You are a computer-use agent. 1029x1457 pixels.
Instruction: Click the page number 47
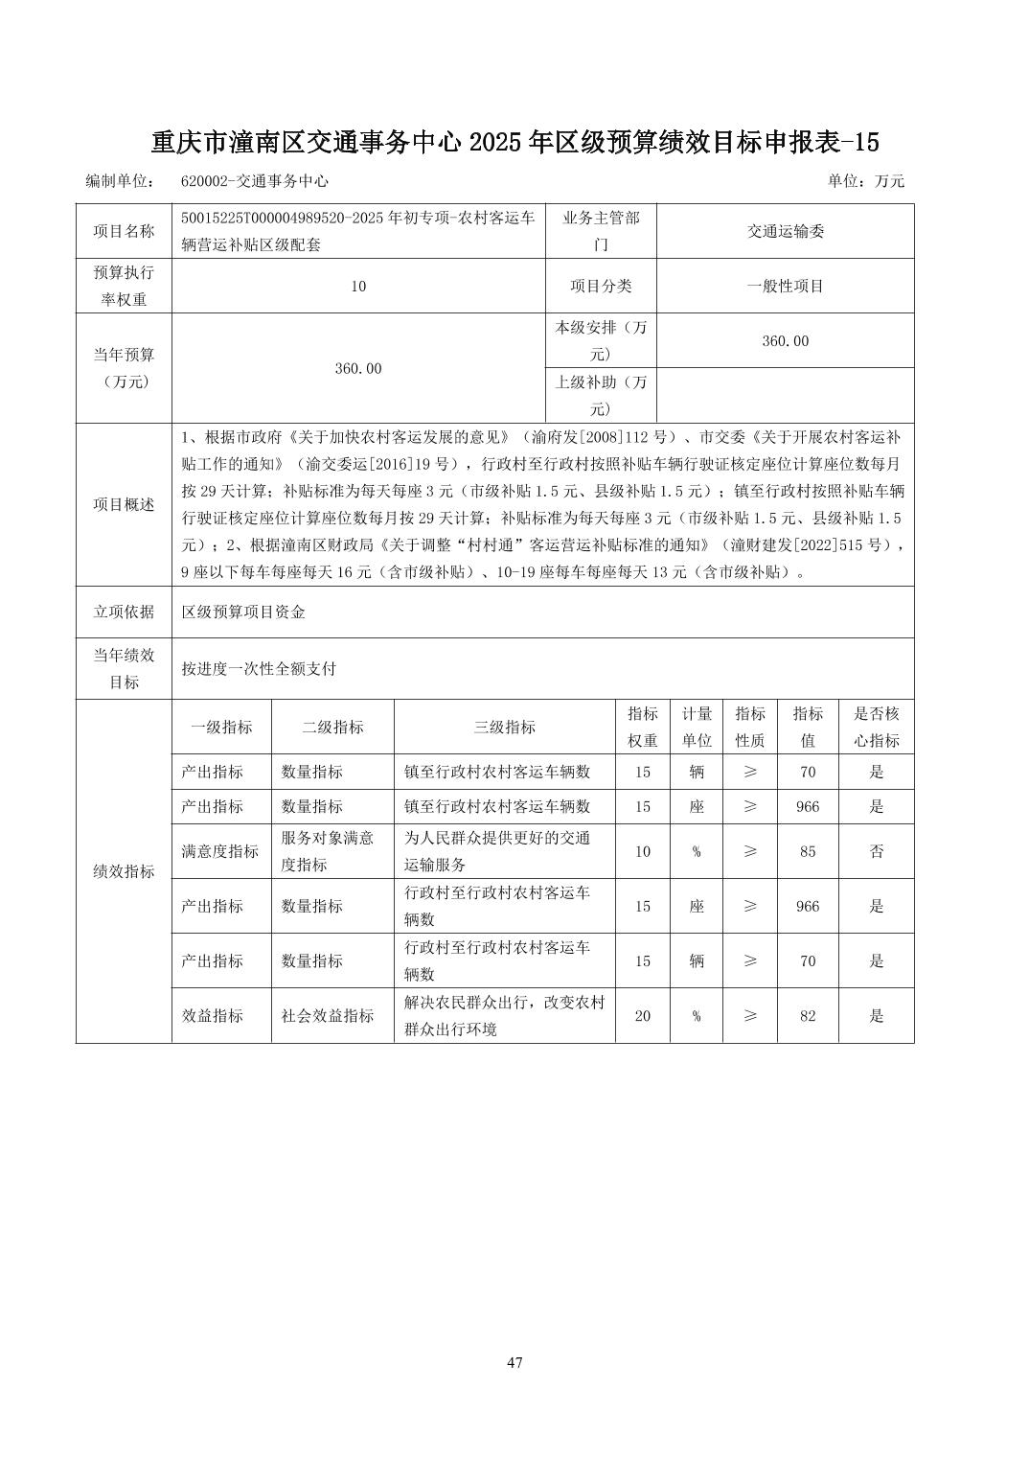514,1362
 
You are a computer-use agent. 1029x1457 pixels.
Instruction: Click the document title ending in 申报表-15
514,143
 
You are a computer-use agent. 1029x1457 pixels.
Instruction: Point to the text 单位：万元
865,181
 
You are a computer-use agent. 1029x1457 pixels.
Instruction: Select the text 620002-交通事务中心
254,181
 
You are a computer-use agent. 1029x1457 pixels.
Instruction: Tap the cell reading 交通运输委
785,231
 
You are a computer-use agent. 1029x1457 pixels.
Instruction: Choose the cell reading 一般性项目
785,286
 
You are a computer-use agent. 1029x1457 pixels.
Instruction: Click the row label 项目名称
124,231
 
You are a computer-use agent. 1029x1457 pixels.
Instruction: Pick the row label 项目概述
124,504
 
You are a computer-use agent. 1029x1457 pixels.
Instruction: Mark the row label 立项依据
124,612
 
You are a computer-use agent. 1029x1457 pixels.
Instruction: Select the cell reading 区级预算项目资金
243,612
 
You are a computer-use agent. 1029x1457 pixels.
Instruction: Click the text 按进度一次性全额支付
259,669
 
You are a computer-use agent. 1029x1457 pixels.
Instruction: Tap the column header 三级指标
504,727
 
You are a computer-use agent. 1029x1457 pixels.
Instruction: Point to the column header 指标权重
642,727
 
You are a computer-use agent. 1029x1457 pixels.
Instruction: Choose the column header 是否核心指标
876,727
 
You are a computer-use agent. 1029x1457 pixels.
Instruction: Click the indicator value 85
807,851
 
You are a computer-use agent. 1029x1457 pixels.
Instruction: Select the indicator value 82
807,1016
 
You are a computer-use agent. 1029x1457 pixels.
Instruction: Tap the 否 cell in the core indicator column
876,851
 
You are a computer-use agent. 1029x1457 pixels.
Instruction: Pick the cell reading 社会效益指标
327,1016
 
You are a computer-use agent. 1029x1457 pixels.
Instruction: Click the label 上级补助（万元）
601,395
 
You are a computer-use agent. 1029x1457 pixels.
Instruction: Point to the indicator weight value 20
642,1016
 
